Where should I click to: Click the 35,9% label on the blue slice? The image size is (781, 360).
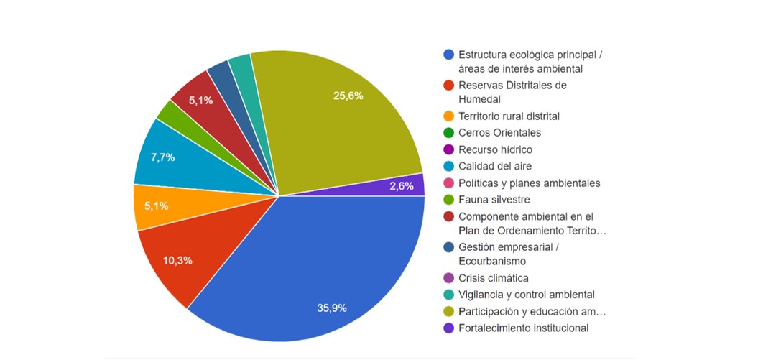coord(331,308)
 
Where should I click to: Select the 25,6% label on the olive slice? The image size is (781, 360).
coord(348,96)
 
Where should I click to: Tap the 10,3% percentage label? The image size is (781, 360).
coord(177,260)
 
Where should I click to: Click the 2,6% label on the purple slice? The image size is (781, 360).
coord(401,186)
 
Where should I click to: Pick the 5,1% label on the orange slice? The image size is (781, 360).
coord(156,206)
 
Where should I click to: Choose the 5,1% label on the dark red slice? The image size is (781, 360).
coord(200,101)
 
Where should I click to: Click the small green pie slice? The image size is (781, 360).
coord(170,113)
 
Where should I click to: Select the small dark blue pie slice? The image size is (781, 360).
coord(220,75)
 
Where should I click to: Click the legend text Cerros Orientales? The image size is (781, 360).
coord(499,133)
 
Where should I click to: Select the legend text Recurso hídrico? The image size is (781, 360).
coord(495,149)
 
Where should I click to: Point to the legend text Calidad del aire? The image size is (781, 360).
coord(495,166)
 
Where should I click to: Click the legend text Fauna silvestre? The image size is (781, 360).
coord(494,199)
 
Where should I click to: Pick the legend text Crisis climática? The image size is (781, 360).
coord(493,278)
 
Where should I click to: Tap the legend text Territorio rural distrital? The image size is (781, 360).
coord(509,116)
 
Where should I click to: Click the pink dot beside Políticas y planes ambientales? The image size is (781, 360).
coord(449,183)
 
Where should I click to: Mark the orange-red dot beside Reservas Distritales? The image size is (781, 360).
coord(449,86)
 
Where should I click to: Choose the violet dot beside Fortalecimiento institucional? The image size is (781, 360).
coord(449,328)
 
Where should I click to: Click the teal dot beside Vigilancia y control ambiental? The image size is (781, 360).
coord(449,295)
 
